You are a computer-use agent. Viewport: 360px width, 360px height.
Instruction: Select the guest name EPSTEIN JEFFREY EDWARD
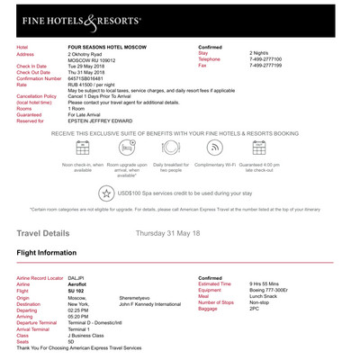click(x=103, y=121)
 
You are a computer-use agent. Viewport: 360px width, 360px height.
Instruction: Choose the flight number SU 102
click(x=78, y=291)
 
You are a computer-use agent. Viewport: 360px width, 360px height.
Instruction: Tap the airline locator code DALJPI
click(x=78, y=278)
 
